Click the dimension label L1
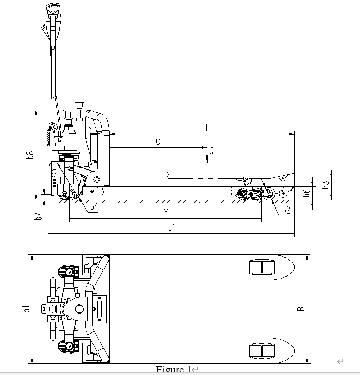[172, 228]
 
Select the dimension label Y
[166, 212]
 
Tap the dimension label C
[158, 142]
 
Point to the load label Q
[211, 151]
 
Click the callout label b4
[94, 206]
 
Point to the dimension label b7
[38, 216]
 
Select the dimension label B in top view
[301, 308]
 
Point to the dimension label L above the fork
[207, 129]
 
